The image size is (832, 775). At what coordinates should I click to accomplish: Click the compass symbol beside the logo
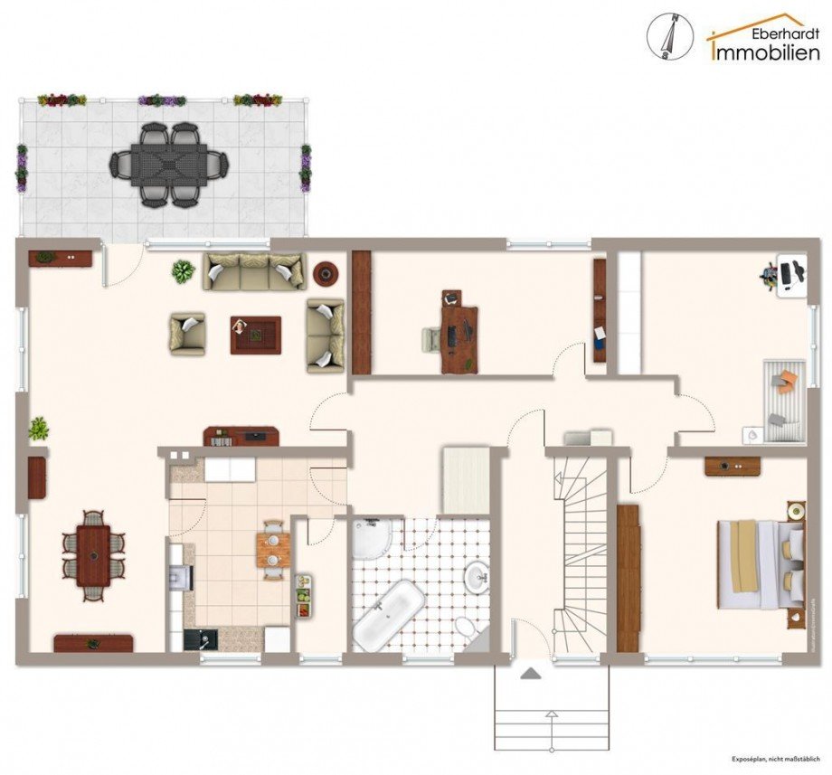click(670, 37)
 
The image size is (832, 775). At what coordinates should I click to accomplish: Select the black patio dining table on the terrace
click(169, 165)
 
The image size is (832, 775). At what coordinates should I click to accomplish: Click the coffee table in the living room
click(255, 335)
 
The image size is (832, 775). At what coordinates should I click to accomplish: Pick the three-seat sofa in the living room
click(253, 271)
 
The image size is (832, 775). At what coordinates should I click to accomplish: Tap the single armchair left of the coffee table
click(187, 334)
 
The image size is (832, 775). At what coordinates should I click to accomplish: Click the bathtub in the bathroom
click(388, 617)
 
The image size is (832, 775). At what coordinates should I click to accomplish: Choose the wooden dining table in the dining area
click(93, 555)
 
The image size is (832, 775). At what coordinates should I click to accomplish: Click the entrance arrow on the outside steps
click(530, 674)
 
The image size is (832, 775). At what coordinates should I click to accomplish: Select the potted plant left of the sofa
click(183, 270)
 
